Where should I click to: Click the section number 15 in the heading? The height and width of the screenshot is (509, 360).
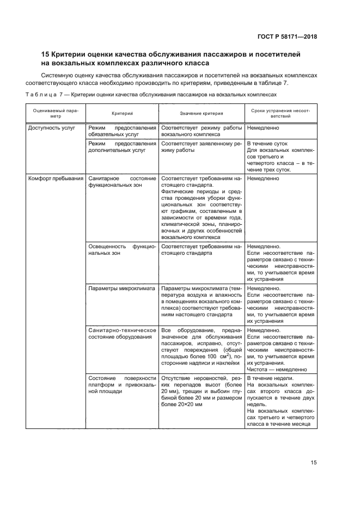[x=46, y=55]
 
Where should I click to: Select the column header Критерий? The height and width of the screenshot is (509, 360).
[x=122, y=114]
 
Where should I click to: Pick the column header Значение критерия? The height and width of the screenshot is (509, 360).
[x=201, y=114]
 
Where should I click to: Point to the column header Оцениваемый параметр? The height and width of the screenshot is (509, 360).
[x=55, y=113]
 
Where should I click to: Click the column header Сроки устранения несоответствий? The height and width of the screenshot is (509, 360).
[x=280, y=113]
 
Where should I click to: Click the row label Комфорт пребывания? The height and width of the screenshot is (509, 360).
[x=56, y=178]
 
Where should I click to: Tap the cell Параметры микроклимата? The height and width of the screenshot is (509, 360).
[x=121, y=288]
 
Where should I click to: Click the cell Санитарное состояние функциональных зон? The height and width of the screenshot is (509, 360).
[x=122, y=181]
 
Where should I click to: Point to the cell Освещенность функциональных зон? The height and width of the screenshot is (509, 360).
[x=122, y=250]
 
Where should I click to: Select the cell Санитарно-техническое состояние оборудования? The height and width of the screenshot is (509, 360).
[x=122, y=333]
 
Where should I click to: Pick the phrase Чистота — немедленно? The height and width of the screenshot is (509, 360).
[x=276, y=369]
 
